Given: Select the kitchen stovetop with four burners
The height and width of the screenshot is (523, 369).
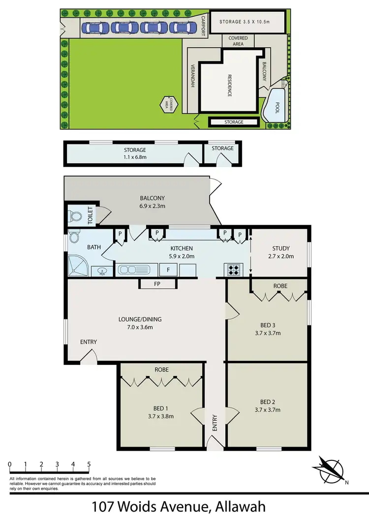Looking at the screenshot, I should point(233,270).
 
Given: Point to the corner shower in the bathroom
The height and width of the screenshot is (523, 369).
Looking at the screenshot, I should point(76,266).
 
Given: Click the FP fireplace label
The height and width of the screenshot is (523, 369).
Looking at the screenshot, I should point(157,284).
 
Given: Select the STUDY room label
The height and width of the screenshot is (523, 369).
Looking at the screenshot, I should point(281,248).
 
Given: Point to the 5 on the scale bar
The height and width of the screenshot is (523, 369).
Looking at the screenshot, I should point(89,464).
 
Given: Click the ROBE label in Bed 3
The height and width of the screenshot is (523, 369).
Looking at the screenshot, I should point(281,286).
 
